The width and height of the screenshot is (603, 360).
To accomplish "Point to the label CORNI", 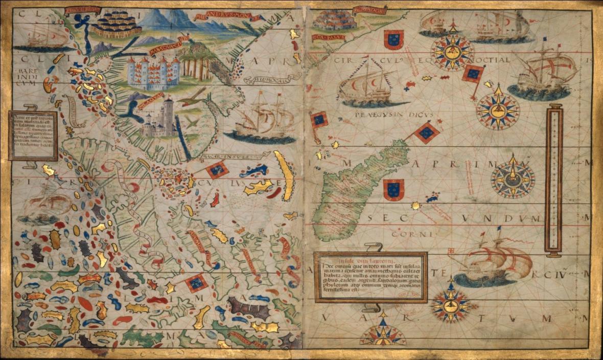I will (x=407, y=234).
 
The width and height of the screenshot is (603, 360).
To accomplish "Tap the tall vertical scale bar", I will (x=553, y=179).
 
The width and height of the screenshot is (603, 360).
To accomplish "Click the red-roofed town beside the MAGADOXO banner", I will (x=334, y=20).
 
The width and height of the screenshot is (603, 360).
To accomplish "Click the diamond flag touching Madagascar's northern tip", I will (x=427, y=133).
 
